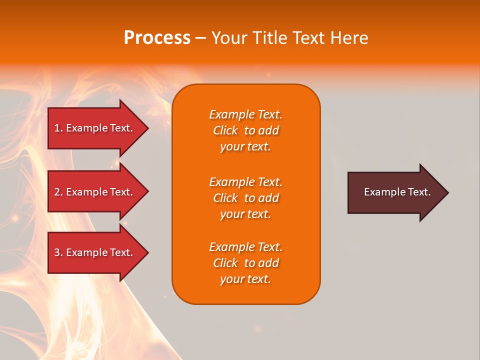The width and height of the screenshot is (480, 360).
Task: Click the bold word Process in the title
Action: click(157, 38)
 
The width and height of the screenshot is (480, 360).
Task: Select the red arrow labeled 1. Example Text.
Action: click(95, 128)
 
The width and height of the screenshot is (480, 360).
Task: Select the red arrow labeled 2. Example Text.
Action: click(95, 192)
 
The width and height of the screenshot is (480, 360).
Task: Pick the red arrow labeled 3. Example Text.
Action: click(95, 252)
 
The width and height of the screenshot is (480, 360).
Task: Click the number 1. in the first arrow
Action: click(58, 128)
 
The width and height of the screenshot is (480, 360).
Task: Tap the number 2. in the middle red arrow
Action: click(58, 192)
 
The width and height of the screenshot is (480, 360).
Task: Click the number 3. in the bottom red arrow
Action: click(58, 252)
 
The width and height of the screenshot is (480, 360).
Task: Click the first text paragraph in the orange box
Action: click(245, 130)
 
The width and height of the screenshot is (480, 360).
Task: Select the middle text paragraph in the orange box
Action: click(245, 198)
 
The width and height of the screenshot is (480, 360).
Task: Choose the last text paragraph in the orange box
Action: click(245, 263)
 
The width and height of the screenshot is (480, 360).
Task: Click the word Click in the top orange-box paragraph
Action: click(225, 130)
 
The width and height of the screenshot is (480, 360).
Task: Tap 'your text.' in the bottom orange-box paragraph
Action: click(245, 279)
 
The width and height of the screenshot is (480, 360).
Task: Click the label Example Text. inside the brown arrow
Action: click(397, 192)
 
